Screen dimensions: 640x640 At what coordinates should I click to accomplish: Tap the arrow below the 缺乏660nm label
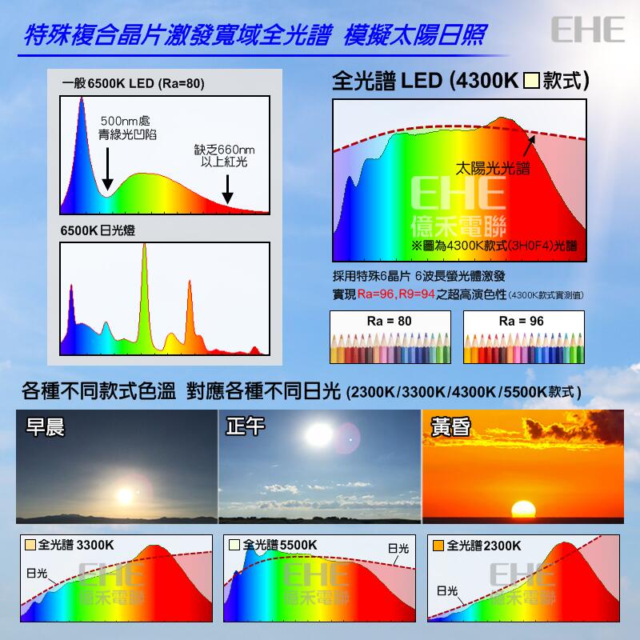pyautogui.click(x=227, y=189)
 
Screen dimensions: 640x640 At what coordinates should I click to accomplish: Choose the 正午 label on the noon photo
pyautogui.click(x=246, y=427)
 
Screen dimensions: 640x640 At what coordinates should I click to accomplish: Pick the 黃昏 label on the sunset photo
pyautogui.click(x=450, y=427)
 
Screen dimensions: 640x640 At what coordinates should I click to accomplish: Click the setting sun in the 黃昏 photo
pyautogui.click(x=523, y=510)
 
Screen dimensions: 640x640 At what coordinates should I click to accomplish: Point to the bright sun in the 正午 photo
pyautogui.click(x=318, y=434)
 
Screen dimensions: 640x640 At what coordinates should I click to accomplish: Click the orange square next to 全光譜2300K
pyautogui.click(x=438, y=546)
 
